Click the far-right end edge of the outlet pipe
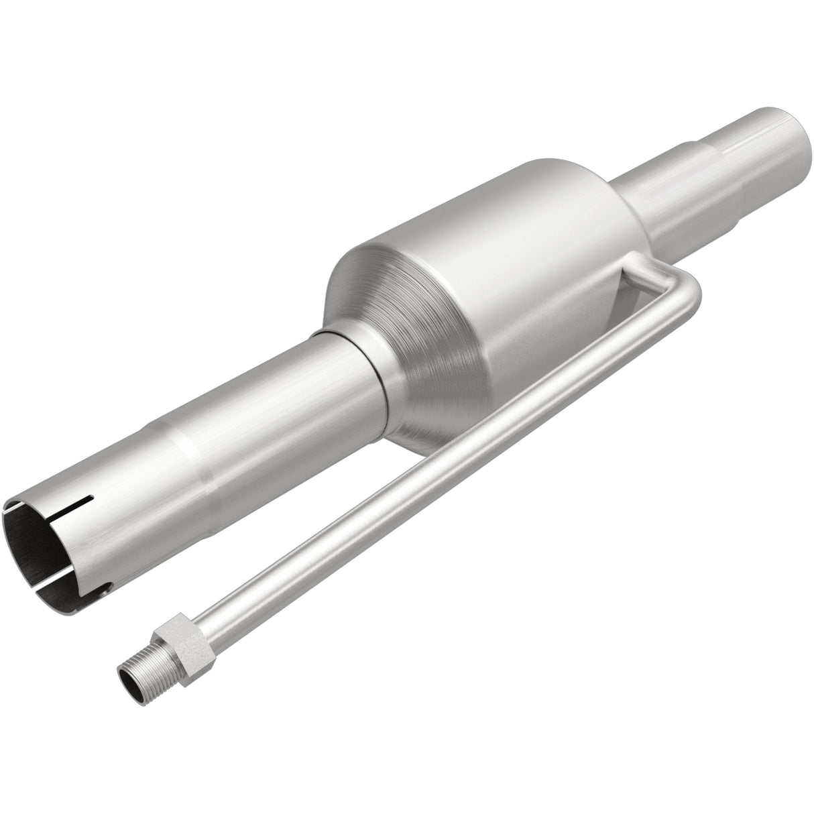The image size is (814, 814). [x=799, y=141]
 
